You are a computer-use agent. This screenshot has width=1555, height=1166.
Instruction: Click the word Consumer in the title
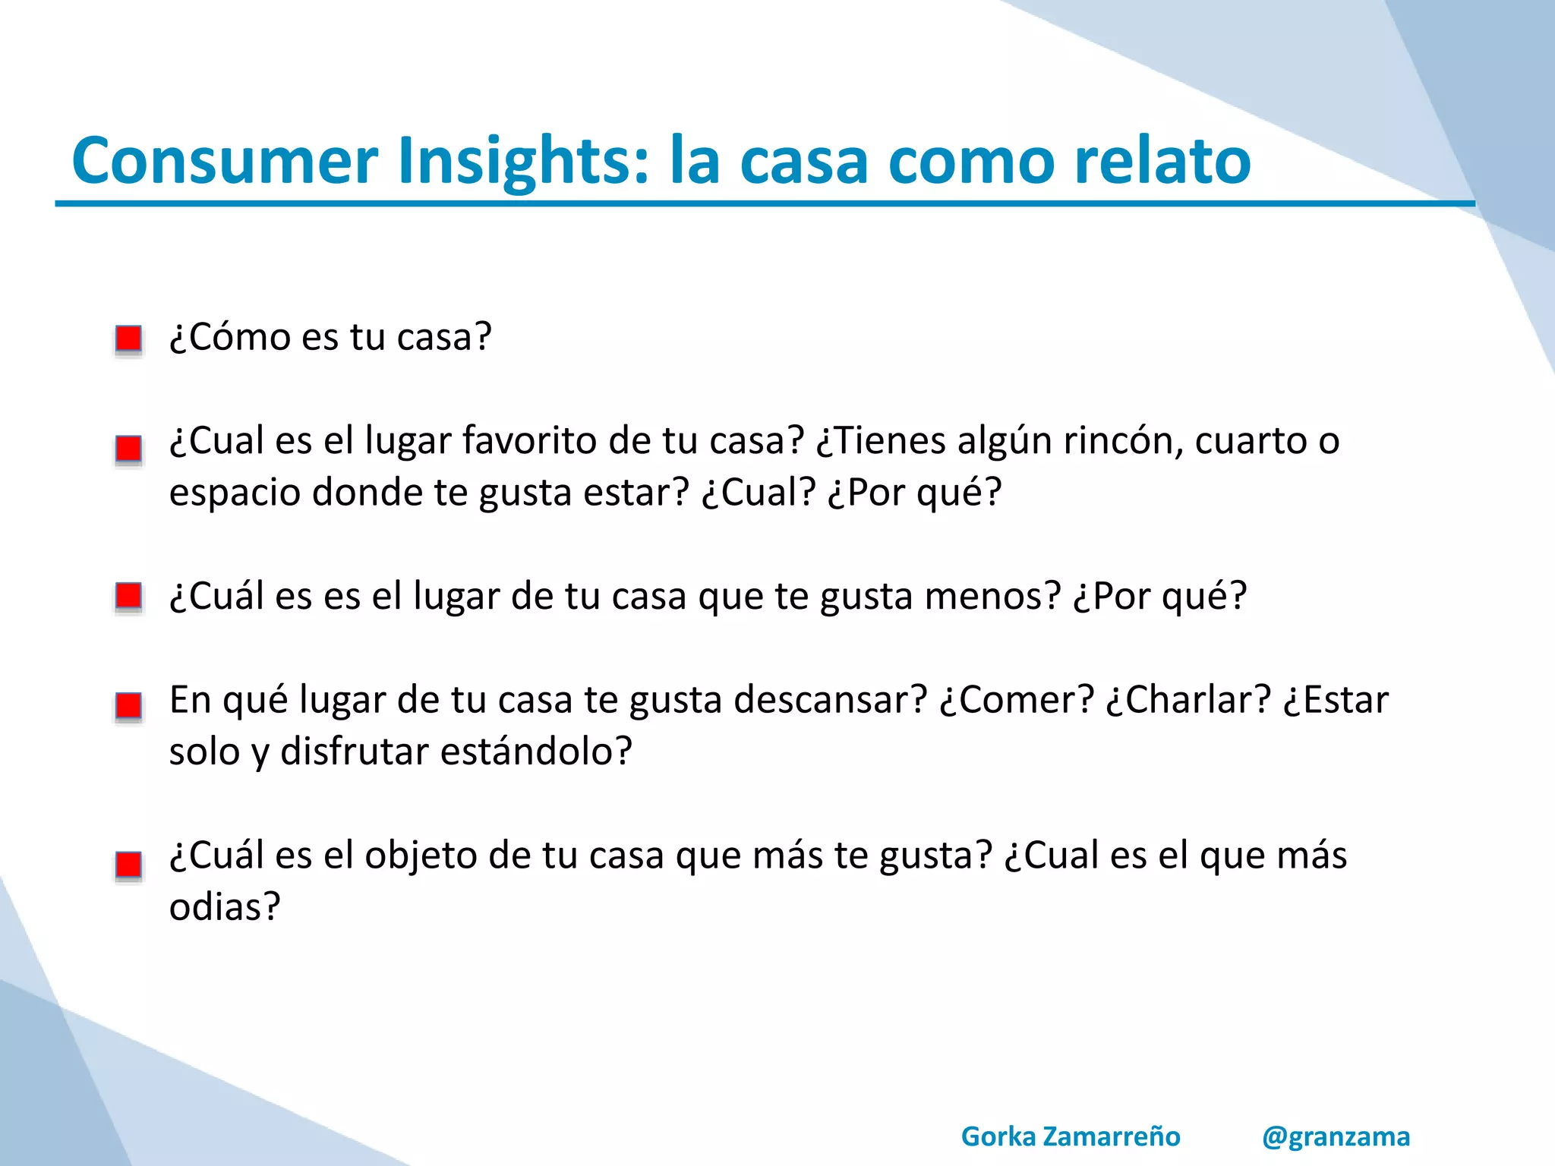pos(225,161)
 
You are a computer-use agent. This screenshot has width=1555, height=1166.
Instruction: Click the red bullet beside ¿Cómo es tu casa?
pos(128,338)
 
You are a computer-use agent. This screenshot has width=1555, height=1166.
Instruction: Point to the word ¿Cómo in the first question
pos(229,336)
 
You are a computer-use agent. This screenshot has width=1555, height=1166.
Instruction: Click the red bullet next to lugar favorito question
pos(128,448)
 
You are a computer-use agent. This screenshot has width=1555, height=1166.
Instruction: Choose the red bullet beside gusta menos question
pos(128,596)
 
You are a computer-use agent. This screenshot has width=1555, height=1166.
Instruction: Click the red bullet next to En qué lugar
pos(128,705)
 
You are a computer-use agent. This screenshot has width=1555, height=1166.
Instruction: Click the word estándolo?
pos(536,752)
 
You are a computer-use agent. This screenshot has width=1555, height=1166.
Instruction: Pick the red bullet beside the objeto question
pos(128,864)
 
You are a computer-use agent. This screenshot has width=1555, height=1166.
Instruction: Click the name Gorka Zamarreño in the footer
pos(1071,1136)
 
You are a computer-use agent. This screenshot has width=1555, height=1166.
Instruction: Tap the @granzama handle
pos(1336,1136)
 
